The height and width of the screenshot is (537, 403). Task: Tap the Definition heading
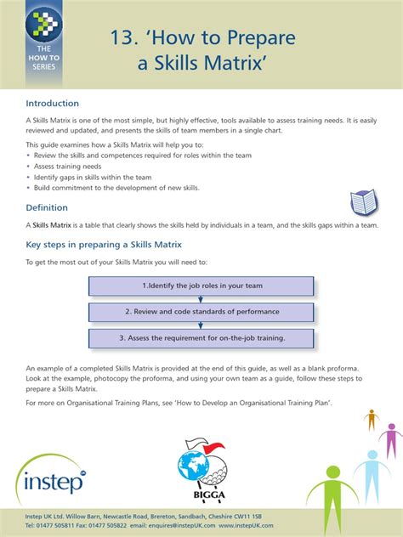[x=47, y=207]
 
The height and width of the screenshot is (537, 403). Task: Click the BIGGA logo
[x=201, y=471]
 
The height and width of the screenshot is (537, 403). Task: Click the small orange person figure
[x=370, y=419]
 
